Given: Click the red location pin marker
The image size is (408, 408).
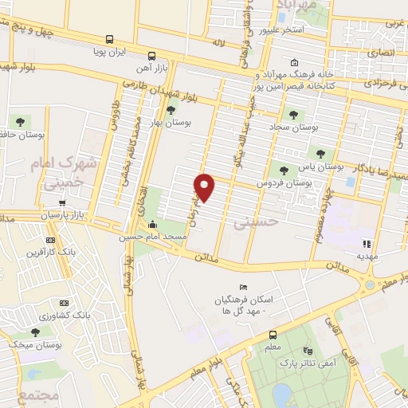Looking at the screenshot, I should tap(205, 186).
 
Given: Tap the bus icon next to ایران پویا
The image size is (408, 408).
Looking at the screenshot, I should tap(108, 38).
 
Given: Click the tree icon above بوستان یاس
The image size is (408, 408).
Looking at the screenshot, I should tap(320, 154).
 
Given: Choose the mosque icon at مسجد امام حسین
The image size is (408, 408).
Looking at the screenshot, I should tap(153, 224).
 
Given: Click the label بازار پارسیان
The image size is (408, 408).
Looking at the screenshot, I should tap(84, 216).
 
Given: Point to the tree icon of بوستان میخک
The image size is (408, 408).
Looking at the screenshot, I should tap(34, 331).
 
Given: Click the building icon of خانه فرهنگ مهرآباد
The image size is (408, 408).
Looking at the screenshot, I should tap(295, 64).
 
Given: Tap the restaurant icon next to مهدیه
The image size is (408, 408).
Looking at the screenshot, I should tap(367, 244).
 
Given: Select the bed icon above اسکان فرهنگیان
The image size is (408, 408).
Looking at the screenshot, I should tap(244, 287).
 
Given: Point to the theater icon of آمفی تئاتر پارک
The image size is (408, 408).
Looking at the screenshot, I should tap(308, 351).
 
